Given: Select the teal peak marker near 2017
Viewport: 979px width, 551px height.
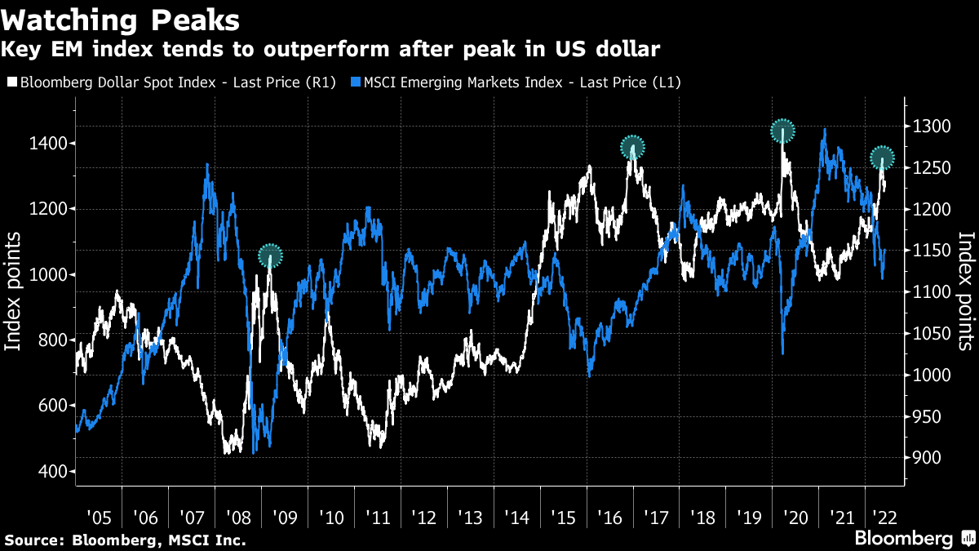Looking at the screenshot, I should click(x=632, y=148).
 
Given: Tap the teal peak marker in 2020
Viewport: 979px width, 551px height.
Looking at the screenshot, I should click(x=783, y=131).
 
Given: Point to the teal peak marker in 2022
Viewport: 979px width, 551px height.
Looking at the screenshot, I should click(x=882, y=158).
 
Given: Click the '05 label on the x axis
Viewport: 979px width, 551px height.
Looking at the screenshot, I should click(x=98, y=517).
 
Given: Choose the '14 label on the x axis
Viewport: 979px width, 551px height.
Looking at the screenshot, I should click(x=518, y=517).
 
